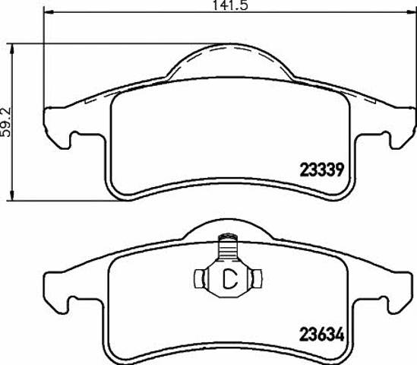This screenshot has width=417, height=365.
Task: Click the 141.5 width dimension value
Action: [230, 5]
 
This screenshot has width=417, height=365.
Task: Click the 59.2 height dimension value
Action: [6, 122]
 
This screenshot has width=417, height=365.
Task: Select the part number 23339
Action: [322, 170]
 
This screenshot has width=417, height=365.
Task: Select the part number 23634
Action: [322, 334]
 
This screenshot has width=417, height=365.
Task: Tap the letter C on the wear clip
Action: [230, 279]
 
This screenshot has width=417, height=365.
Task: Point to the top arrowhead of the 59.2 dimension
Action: [11, 49]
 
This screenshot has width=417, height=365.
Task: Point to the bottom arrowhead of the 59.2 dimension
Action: [11, 195]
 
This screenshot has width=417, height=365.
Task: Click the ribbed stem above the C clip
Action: [228, 247]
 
